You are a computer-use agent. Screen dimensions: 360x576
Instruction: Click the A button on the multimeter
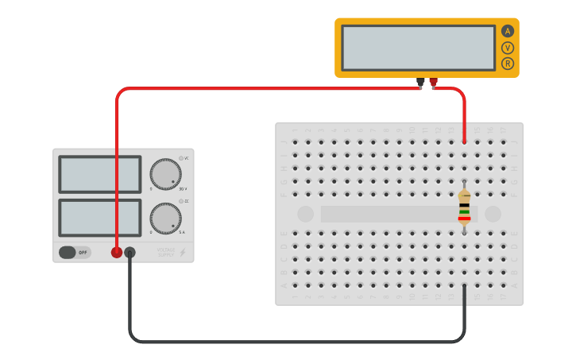tap(508, 32)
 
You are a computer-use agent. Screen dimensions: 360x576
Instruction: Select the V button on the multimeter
tap(508, 48)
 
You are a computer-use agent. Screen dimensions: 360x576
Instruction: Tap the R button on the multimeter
tap(508, 64)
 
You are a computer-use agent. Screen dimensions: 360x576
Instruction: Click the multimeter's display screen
tap(418, 48)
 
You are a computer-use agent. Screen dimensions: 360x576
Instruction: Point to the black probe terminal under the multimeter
tap(420, 81)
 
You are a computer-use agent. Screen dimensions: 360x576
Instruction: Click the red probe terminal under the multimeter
tap(433, 81)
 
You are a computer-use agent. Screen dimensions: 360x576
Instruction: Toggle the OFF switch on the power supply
tap(75, 253)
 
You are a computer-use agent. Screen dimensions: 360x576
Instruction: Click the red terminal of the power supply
tap(117, 253)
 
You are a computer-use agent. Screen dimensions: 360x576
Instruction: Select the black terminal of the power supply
tap(130, 253)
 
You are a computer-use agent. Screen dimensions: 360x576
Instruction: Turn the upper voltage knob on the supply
tap(165, 174)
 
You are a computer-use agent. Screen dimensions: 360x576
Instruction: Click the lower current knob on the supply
tap(165, 218)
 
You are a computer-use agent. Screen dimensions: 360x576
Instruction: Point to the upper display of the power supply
tap(99, 174)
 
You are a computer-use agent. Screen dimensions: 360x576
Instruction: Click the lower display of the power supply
tap(99, 218)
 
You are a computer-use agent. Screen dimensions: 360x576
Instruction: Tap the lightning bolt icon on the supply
tap(182, 253)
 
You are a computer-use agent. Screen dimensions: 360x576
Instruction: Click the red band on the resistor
tap(464, 219)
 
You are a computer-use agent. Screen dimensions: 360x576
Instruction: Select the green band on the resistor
tap(464, 212)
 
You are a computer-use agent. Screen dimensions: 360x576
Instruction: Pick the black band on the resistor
tap(464, 206)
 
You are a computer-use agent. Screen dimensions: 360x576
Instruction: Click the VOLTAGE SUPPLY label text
tap(165, 253)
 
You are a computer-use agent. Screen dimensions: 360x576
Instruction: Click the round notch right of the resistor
tap(493, 214)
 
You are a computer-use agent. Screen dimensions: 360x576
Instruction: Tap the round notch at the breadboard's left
tap(306, 214)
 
